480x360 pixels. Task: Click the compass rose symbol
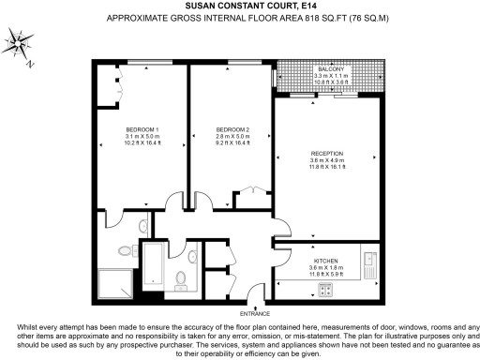20,45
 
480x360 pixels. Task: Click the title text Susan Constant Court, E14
239,7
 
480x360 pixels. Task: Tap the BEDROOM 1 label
143,129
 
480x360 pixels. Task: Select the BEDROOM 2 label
232,129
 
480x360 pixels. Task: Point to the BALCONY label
329,69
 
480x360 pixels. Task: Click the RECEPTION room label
328,153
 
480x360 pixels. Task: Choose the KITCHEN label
327,260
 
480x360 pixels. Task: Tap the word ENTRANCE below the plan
254,311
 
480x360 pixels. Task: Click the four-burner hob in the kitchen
328,289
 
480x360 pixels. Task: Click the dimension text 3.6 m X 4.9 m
328,160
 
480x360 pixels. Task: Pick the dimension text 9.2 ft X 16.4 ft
232,145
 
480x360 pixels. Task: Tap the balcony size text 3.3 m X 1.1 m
329,77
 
